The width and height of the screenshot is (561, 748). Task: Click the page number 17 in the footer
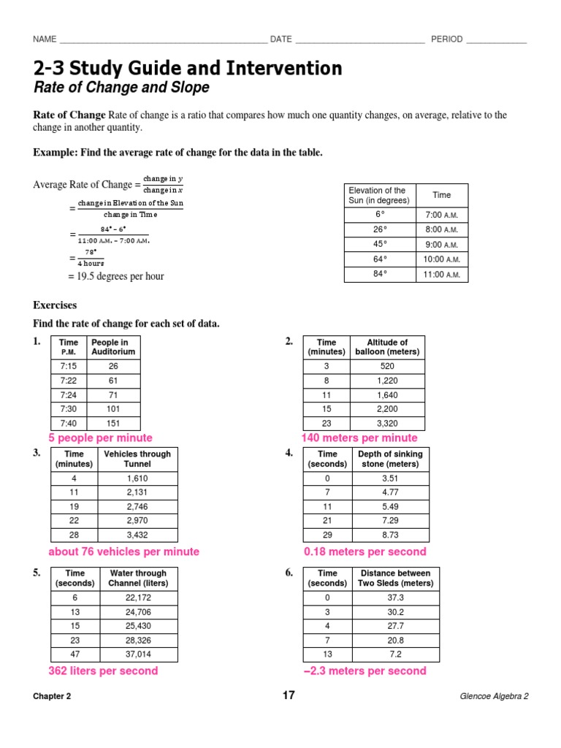(289, 695)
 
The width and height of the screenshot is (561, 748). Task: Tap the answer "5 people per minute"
(100, 438)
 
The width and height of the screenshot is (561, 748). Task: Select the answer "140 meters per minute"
(359, 438)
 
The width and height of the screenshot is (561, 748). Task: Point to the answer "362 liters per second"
(103, 671)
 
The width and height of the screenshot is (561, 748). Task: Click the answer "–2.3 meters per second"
(365, 671)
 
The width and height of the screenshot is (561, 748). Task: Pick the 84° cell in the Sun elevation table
(379, 275)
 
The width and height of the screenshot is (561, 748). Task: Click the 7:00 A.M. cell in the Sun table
(441, 215)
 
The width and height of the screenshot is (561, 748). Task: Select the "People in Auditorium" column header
(113, 347)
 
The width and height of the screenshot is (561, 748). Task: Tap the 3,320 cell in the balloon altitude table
(389, 423)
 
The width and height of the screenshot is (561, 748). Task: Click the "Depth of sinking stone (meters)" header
(390, 459)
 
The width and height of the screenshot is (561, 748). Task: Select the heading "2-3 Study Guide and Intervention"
(187, 69)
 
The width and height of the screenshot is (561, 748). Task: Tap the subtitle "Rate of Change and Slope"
(121, 88)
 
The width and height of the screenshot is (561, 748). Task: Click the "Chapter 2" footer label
(52, 696)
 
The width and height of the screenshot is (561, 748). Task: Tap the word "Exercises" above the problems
(55, 305)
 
